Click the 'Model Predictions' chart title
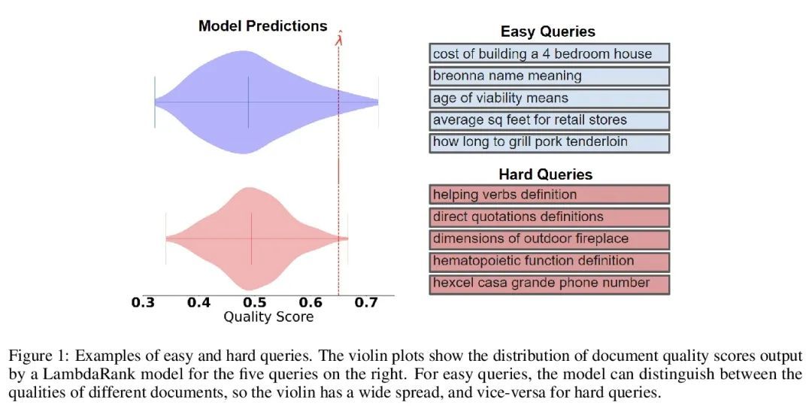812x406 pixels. point(262,26)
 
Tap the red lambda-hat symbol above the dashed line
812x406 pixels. point(338,37)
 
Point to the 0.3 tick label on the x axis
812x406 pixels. point(142,302)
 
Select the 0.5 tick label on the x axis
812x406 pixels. point(254,302)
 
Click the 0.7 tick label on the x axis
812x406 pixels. point(365,302)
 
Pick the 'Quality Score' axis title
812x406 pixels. point(268,317)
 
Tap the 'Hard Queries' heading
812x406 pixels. point(546,174)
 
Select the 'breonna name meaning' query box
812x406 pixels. point(549,76)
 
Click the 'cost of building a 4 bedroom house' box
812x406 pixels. point(549,54)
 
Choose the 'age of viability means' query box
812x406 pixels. point(549,98)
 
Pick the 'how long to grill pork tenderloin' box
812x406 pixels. point(549,142)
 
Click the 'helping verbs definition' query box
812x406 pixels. point(549,195)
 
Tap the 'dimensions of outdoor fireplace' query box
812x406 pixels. point(549,239)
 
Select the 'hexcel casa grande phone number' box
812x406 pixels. point(549,283)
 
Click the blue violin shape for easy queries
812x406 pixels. point(249,102)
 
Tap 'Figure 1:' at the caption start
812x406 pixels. point(36,357)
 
